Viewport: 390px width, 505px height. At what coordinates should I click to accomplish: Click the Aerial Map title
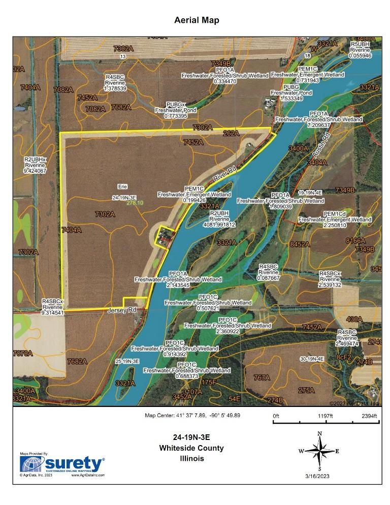pyautogui.click(x=197, y=20)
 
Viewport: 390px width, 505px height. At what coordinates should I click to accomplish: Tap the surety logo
pyautogui.click(x=61, y=464)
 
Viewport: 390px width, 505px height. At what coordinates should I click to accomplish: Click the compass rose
pyautogui.click(x=319, y=450)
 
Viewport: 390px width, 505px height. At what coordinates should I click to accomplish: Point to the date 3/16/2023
pyautogui.click(x=318, y=475)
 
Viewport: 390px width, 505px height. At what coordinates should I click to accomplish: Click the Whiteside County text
pyautogui.click(x=191, y=448)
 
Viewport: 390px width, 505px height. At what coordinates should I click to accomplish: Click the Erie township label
pyautogui.click(x=122, y=186)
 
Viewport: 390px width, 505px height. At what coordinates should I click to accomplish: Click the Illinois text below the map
pyautogui.click(x=191, y=458)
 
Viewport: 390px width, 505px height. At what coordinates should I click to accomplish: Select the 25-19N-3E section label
pyautogui.click(x=127, y=361)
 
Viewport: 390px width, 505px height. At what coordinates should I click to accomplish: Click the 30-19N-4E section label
pyautogui.click(x=312, y=359)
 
